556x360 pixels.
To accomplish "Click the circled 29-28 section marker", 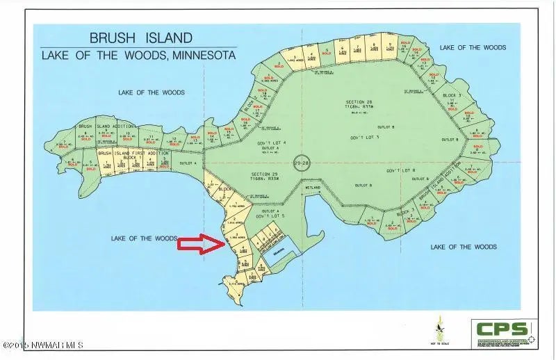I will tap(300, 162).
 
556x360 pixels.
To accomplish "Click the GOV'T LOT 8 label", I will tap(400, 170).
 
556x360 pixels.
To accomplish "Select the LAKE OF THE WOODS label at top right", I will tap(473, 47).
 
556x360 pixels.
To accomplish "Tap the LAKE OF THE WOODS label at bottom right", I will tap(463, 247).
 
